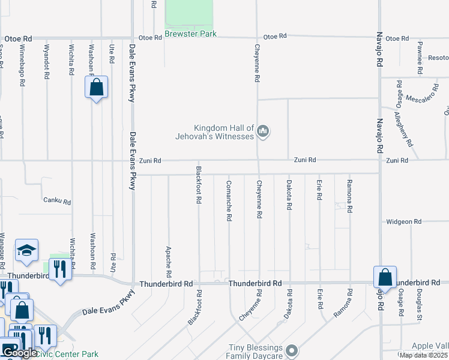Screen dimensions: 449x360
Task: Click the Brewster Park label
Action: point(191,34)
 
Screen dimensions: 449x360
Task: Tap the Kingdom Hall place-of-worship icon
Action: point(262,131)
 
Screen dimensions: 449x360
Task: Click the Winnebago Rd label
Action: point(22,65)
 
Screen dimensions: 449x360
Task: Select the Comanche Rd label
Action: point(229,200)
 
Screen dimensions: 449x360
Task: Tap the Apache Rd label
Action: point(169,256)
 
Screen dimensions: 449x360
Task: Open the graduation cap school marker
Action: point(26,251)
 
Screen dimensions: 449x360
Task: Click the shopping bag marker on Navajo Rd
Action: point(385,277)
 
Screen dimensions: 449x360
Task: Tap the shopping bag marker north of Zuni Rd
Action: point(96,88)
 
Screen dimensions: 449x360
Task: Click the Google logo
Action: point(20,353)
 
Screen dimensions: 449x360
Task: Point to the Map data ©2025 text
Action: point(423,355)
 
